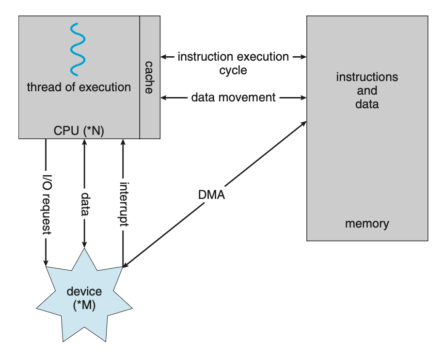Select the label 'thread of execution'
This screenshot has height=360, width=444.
pyautogui.click(x=79, y=87)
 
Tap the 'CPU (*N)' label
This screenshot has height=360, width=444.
pyautogui.click(x=79, y=130)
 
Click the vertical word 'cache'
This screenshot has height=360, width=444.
pyautogui.click(x=149, y=77)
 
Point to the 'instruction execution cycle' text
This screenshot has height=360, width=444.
pyautogui.click(x=233, y=63)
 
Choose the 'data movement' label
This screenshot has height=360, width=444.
pyautogui.click(x=233, y=98)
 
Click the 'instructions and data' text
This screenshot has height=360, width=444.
pyautogui.click(x=367, y=90)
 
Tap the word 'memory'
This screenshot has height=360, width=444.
pyautogui.click(x=367, y=224)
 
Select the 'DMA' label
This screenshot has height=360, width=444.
pyautogui.click(x=212, y=195)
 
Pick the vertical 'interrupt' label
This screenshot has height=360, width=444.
pyautogui.click(x=123, y=203)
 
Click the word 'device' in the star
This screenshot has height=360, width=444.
pyautogui.click(x=84, y=292)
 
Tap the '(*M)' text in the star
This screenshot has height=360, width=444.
pyautogui.click(x=84, y=306)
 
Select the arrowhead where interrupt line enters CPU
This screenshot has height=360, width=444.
pyautogui.click(x=123, y=142)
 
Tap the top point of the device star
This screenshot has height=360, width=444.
pyautogui.click(x=85, y=248)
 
